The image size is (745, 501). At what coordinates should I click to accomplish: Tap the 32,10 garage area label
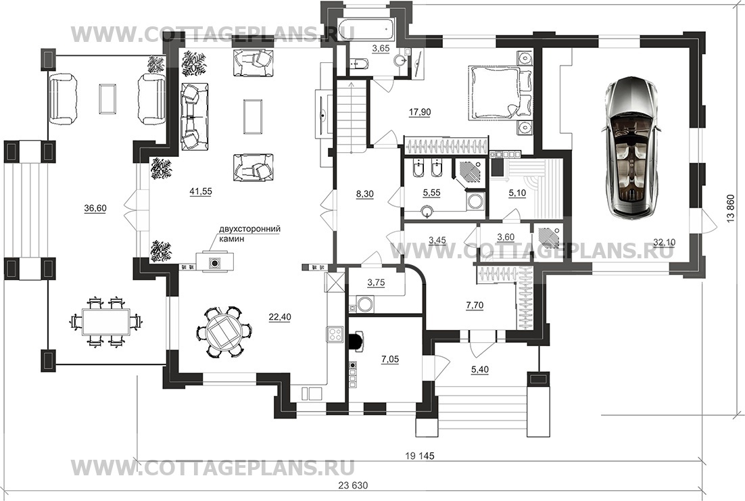[x=664, y=243]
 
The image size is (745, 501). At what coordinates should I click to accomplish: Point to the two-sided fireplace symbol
[x=215, y=262]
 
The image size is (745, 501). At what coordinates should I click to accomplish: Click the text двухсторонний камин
[x=249, y=233]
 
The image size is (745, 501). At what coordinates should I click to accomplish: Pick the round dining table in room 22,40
[x=223, y=331]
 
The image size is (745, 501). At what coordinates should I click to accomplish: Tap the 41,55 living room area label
[x=201, y=191]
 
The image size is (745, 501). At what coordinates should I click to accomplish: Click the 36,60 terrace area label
[x=95, y=208]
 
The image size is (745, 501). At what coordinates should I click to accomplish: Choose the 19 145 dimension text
[x=420, y=456]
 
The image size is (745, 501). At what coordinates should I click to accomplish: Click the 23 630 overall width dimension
[x=353, y=486]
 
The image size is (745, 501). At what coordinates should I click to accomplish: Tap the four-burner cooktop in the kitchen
[x=335, y=334]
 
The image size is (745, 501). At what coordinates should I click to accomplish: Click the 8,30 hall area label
[x=364, y=194]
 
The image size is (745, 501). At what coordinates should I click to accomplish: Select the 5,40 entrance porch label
[x=480, y=369]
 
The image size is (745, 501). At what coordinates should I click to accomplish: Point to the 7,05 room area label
[x=389, y=359]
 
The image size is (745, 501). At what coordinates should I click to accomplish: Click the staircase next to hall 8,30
[x=351, y=116]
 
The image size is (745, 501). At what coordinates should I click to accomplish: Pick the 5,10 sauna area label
[x=517, y=193]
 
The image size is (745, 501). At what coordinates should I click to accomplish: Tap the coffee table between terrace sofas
[x=108, y=99]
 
